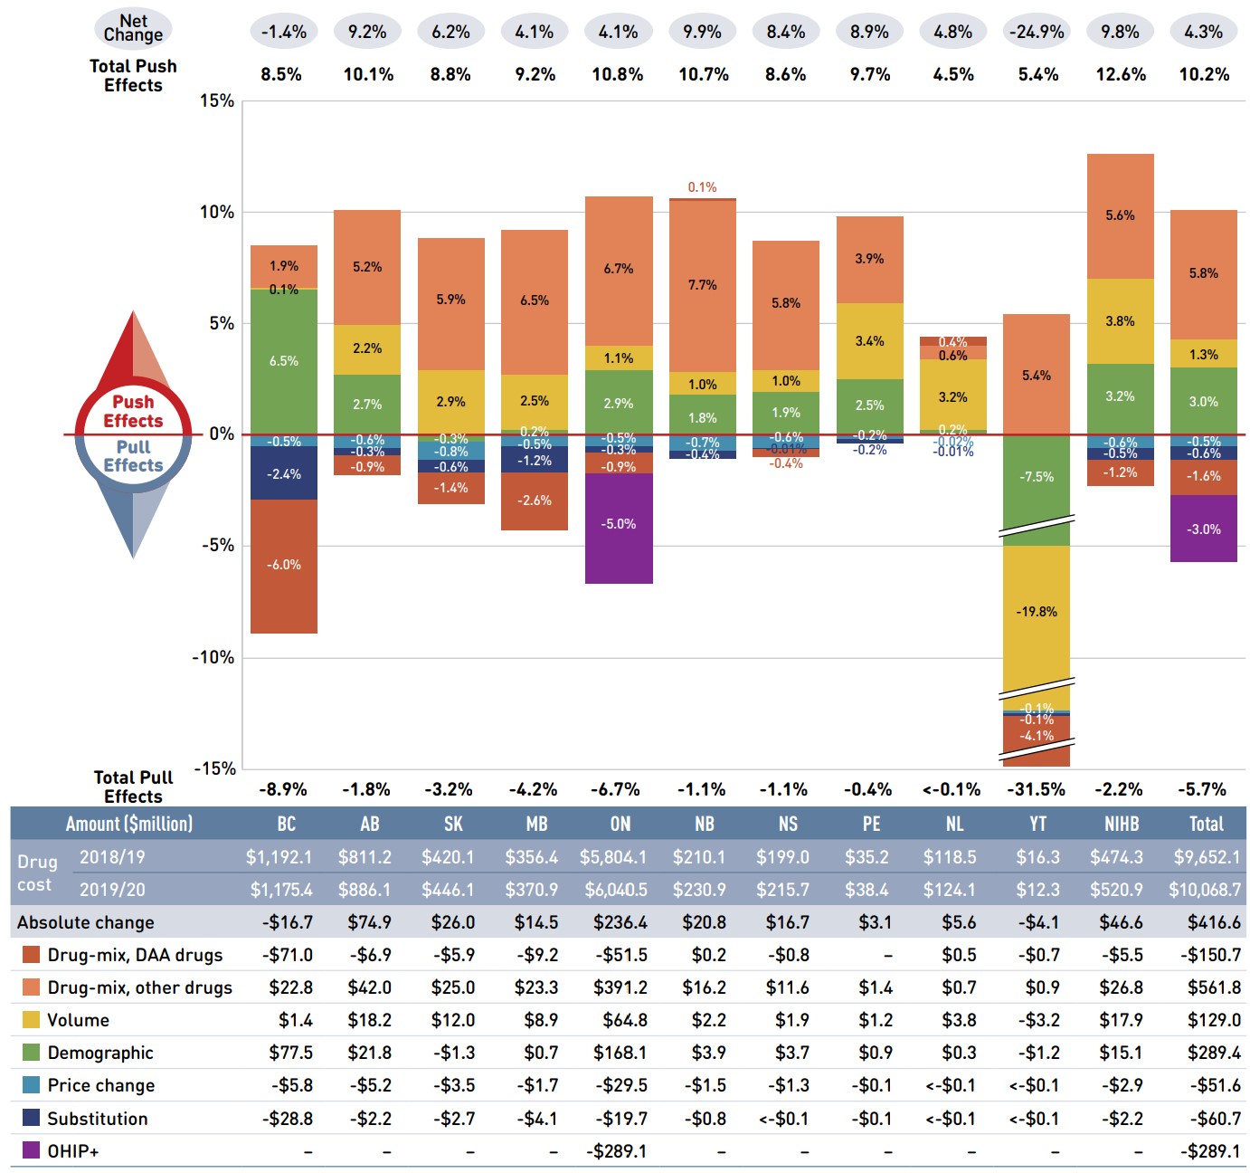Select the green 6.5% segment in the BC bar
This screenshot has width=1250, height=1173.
[284, 361]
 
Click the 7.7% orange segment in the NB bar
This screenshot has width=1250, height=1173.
[703, 285]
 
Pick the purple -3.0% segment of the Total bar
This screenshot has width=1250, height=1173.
[1204, 529]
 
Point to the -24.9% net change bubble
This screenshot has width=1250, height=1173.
[1037, 32]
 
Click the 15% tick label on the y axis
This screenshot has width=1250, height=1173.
[217, 100]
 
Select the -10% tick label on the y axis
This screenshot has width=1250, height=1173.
[213, 657]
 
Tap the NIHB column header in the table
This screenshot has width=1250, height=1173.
[1122, 824]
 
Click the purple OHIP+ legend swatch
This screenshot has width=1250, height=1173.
[31, 1150]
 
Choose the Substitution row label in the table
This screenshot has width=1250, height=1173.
[98, 1119]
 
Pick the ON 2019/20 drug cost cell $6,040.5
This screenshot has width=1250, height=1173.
[616, 890]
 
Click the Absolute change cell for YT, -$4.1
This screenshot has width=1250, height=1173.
[1037, 922]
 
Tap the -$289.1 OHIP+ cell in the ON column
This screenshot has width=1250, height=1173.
[617, 1151]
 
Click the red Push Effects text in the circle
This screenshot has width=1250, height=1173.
[133, 412]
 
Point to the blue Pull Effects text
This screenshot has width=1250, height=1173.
[133, 456]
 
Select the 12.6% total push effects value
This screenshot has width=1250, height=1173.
[1121, 74]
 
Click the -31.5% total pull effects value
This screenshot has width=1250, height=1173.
[1037, 789]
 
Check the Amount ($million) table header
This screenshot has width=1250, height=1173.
[129, 824]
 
